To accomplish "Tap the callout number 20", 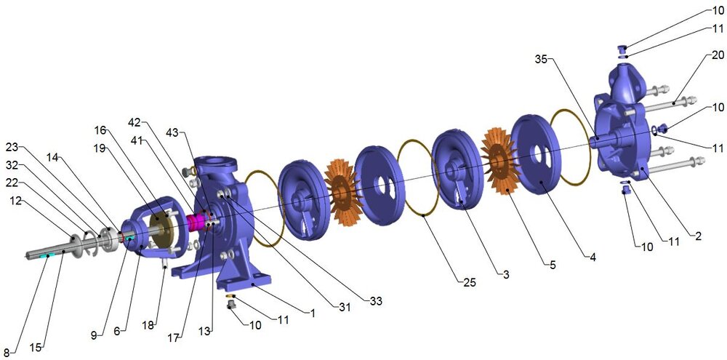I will point(718,55).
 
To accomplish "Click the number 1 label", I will point(313,313).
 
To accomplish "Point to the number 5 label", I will point(552,265).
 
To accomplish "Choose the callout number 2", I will point(699,236).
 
